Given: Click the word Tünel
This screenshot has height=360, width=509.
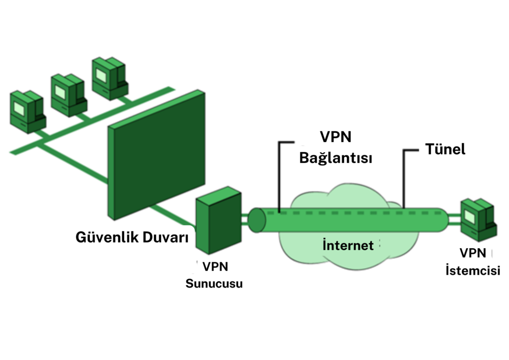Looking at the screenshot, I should (445, 149).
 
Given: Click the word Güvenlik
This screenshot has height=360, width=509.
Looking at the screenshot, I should (102, 237).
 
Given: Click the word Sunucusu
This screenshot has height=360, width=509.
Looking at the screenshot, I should (214, 284).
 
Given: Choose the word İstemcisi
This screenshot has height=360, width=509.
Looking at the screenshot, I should (473, 271).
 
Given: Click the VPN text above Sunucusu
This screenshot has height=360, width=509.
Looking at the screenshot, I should (215, 267).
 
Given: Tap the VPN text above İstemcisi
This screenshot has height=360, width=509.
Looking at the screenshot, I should (473, 254).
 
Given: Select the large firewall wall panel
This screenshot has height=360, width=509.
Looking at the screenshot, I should (157, 154).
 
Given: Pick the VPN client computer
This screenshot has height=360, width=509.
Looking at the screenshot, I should (479, 219).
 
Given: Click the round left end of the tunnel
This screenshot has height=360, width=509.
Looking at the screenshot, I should (257, 220).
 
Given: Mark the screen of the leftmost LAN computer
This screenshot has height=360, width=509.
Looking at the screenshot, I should (20, 107).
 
